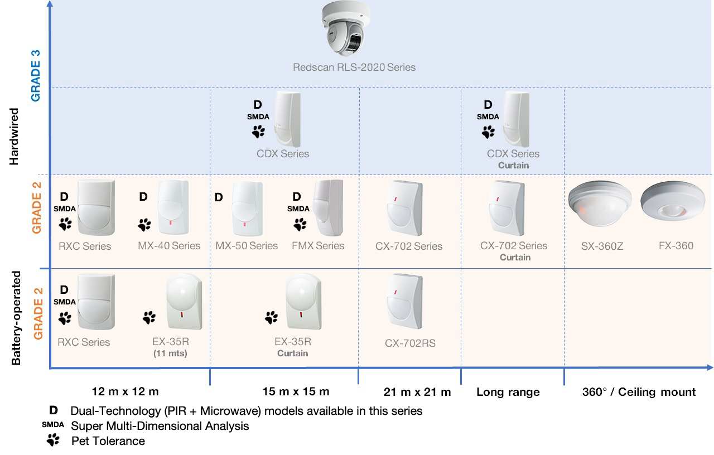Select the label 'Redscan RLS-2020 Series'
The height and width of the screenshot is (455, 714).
[x=354, y=67]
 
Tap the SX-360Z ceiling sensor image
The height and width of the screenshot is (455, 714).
[x=600, y=204]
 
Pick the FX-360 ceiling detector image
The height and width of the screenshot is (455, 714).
[x=673, y=201]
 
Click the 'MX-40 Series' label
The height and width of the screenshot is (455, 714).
[x=169, y=246]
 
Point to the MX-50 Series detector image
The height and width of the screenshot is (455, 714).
[x=247, y=209]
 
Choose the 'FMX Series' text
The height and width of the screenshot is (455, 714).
[x=318, y=246]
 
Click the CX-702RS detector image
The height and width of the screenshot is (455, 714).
[x=404, y=302]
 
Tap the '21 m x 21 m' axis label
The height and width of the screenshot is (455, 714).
[x=417, y=392]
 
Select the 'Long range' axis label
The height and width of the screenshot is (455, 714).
[x=508, y=392]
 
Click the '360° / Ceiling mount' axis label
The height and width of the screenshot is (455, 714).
[x=639, y=392]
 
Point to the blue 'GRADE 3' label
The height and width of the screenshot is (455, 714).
[x=36, y=76]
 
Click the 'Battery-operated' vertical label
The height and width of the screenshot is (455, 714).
[x=16, y=318]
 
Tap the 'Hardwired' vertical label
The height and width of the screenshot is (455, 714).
[x=14, y=137]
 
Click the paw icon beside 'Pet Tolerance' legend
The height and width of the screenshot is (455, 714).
[x=53, y=440]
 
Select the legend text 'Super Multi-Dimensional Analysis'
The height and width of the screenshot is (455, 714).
[x=160, y=426]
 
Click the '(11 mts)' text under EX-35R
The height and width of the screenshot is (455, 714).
[x=170, y=354]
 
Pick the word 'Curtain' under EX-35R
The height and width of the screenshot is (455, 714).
[x=293, y=354]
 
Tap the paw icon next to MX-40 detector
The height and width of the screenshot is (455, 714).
[x=144, y=225]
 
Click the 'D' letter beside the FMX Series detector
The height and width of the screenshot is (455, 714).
[x=297, y=197]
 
